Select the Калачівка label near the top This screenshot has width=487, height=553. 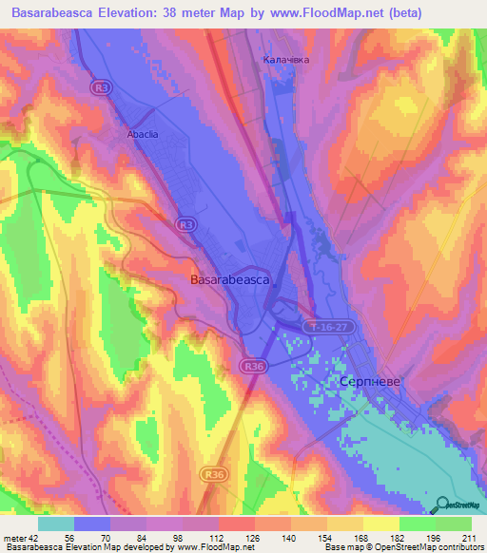(x=286, y=59)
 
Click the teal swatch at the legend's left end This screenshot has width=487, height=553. (x=56, y=524)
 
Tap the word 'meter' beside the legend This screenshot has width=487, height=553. (x=14, y=539)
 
